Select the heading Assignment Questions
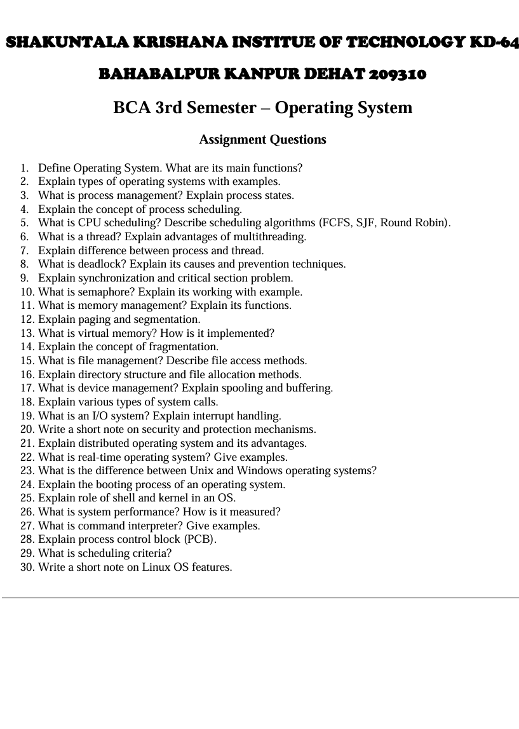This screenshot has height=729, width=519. pos(262,139)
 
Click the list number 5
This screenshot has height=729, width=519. pos(24,223)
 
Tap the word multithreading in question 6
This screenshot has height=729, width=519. pos(271,237)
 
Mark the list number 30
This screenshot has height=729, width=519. pos(27,567)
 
